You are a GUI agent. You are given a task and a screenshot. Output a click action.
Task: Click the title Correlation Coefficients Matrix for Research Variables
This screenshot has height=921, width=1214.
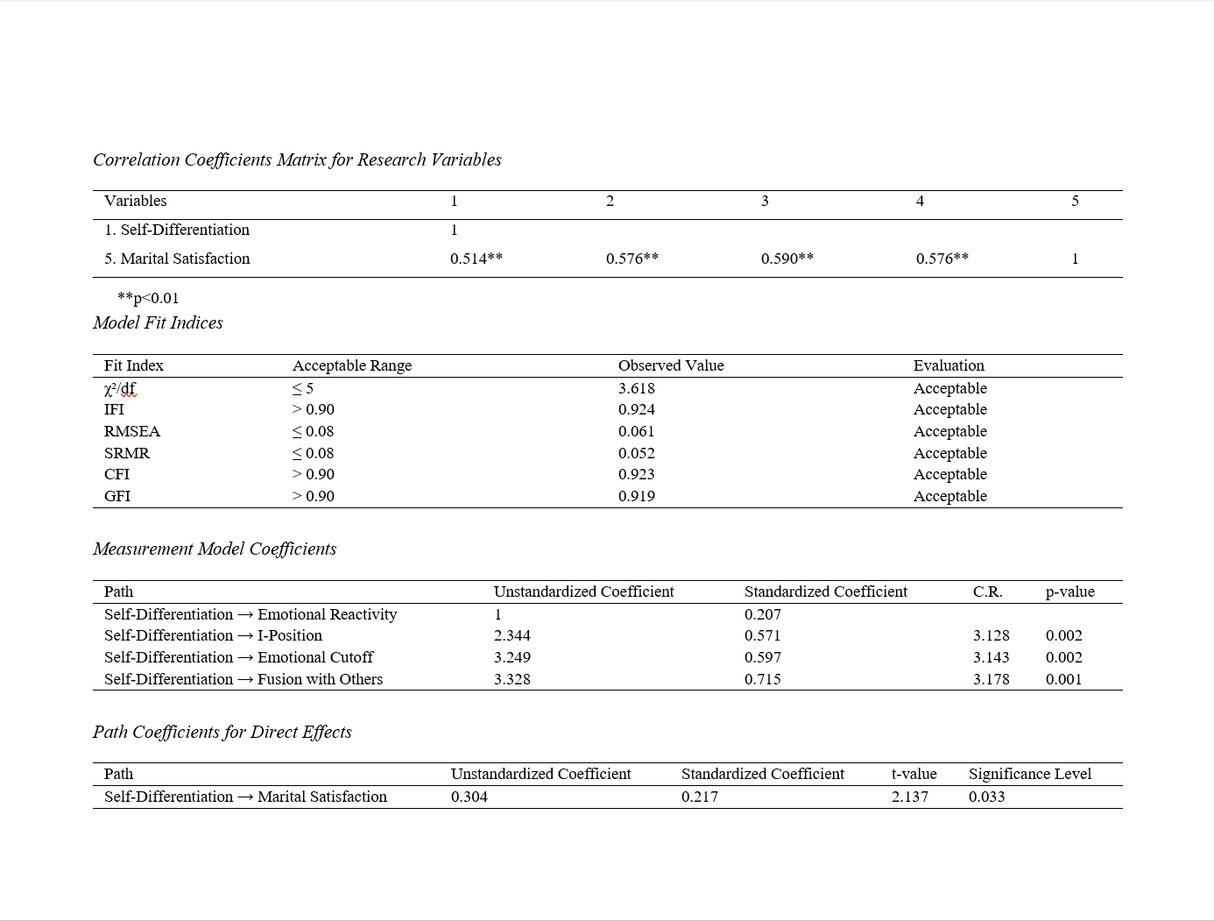297,159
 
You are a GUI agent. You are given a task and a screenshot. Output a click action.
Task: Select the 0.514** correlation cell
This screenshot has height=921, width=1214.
476,259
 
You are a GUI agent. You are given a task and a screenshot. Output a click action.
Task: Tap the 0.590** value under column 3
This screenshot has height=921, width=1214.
787,259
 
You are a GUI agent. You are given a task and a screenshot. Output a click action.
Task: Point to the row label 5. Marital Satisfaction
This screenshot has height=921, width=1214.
177,259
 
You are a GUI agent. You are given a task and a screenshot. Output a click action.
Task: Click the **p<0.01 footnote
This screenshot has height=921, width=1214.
148,298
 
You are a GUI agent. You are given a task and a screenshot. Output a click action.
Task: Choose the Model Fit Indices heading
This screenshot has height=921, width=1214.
158,322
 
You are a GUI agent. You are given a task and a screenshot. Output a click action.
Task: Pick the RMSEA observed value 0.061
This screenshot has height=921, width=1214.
636,431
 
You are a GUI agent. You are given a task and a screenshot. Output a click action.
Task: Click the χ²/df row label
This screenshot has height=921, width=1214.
120,388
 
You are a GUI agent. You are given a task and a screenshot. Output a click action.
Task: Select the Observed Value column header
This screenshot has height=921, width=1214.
671,365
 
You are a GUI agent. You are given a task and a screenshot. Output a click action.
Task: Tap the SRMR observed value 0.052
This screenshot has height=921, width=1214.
636,453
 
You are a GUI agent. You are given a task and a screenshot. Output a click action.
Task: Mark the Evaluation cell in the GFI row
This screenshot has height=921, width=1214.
949,496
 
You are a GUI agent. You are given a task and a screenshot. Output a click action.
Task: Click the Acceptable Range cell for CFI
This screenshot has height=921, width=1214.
314,474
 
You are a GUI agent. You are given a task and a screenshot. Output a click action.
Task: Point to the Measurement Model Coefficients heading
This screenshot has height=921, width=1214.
215,549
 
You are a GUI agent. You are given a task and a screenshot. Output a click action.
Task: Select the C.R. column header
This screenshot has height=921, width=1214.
987,592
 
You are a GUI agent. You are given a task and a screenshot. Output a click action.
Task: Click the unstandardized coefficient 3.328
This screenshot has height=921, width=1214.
512,679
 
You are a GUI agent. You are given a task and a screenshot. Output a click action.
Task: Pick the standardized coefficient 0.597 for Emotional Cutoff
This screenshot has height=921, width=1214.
762,657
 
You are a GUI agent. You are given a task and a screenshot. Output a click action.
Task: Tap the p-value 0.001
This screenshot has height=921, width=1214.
1063,679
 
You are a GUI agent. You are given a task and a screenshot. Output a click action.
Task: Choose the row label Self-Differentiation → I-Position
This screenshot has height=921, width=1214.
213,635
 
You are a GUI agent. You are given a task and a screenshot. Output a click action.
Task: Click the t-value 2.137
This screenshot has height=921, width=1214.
909,797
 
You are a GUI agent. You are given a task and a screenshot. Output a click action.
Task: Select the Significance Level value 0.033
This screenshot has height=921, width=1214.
986,797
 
